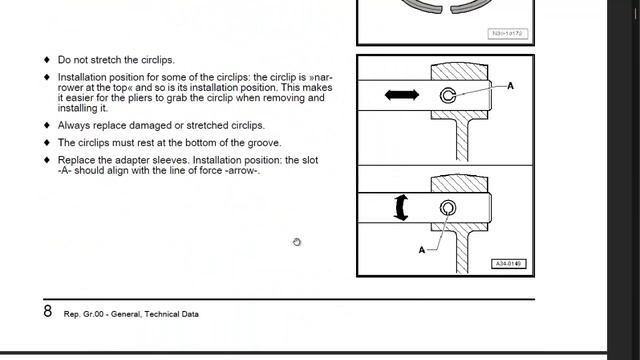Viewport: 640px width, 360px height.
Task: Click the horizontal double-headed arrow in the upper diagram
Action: click(402, 95)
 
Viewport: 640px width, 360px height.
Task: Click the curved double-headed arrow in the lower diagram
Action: click(400, 208)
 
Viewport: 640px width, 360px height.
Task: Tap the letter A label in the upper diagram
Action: click(510, 86)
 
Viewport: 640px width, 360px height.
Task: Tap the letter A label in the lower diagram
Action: click(422, 250)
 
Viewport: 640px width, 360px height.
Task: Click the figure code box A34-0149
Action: click(509, 264)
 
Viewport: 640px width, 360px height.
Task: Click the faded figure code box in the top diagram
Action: click(508, 33)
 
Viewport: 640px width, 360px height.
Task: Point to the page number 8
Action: click(48, 311)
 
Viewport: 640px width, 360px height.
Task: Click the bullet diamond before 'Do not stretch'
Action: click(47, 60)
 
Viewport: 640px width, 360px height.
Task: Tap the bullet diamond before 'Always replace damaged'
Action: click(47, 125)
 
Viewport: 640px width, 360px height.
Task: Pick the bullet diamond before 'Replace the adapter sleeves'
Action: click(47, 160)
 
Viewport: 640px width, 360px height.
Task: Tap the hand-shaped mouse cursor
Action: click(297, 242)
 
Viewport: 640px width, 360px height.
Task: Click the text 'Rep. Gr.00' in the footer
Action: click(84, 314)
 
